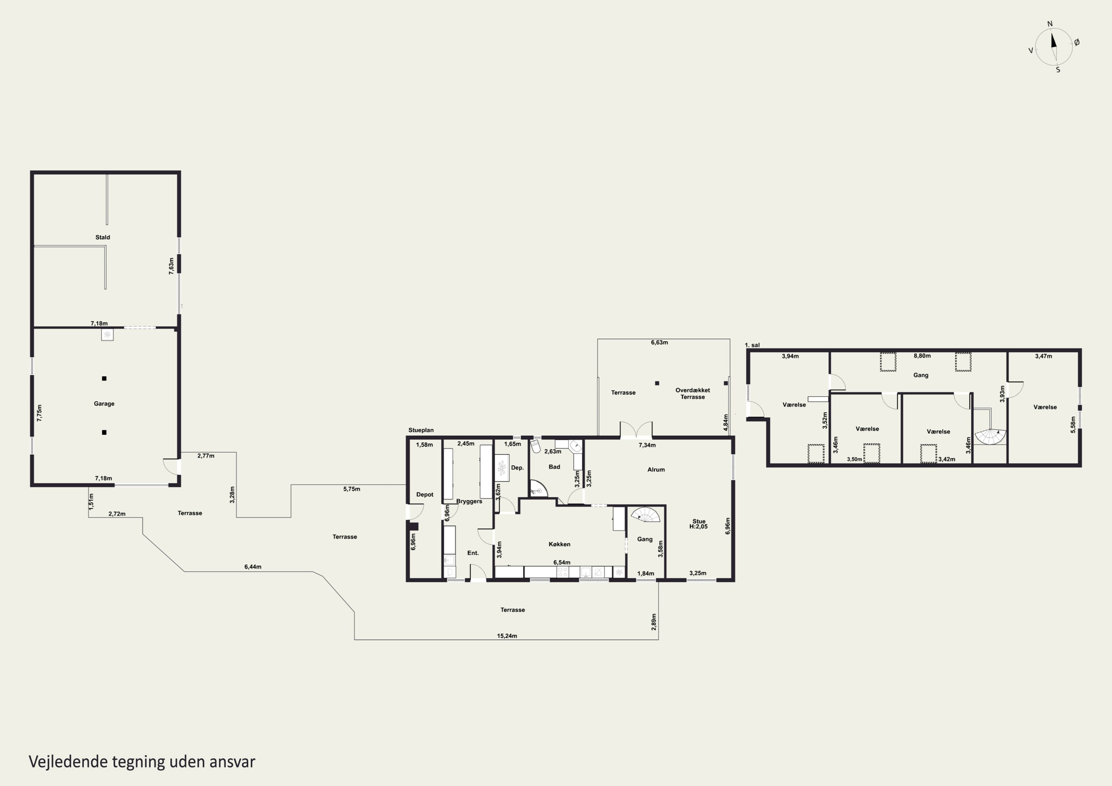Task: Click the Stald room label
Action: pos(103,237)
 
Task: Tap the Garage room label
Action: pos(104,404)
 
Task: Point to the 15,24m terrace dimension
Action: pos(507,636)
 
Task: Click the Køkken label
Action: pos(559,544)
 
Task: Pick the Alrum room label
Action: pos(656,469)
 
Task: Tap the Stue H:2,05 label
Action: pos(698,524)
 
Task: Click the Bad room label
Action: pos(554,467)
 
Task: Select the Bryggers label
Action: pos(469,501)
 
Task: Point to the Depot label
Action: pos(425,494)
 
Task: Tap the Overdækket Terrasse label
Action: pos(692,394)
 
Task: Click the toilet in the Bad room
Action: pos(535,446)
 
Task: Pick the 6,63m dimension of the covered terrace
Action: pos(659,342)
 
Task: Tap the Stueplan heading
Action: pos(421,430)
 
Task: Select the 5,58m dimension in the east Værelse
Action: pos(1073,425)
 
